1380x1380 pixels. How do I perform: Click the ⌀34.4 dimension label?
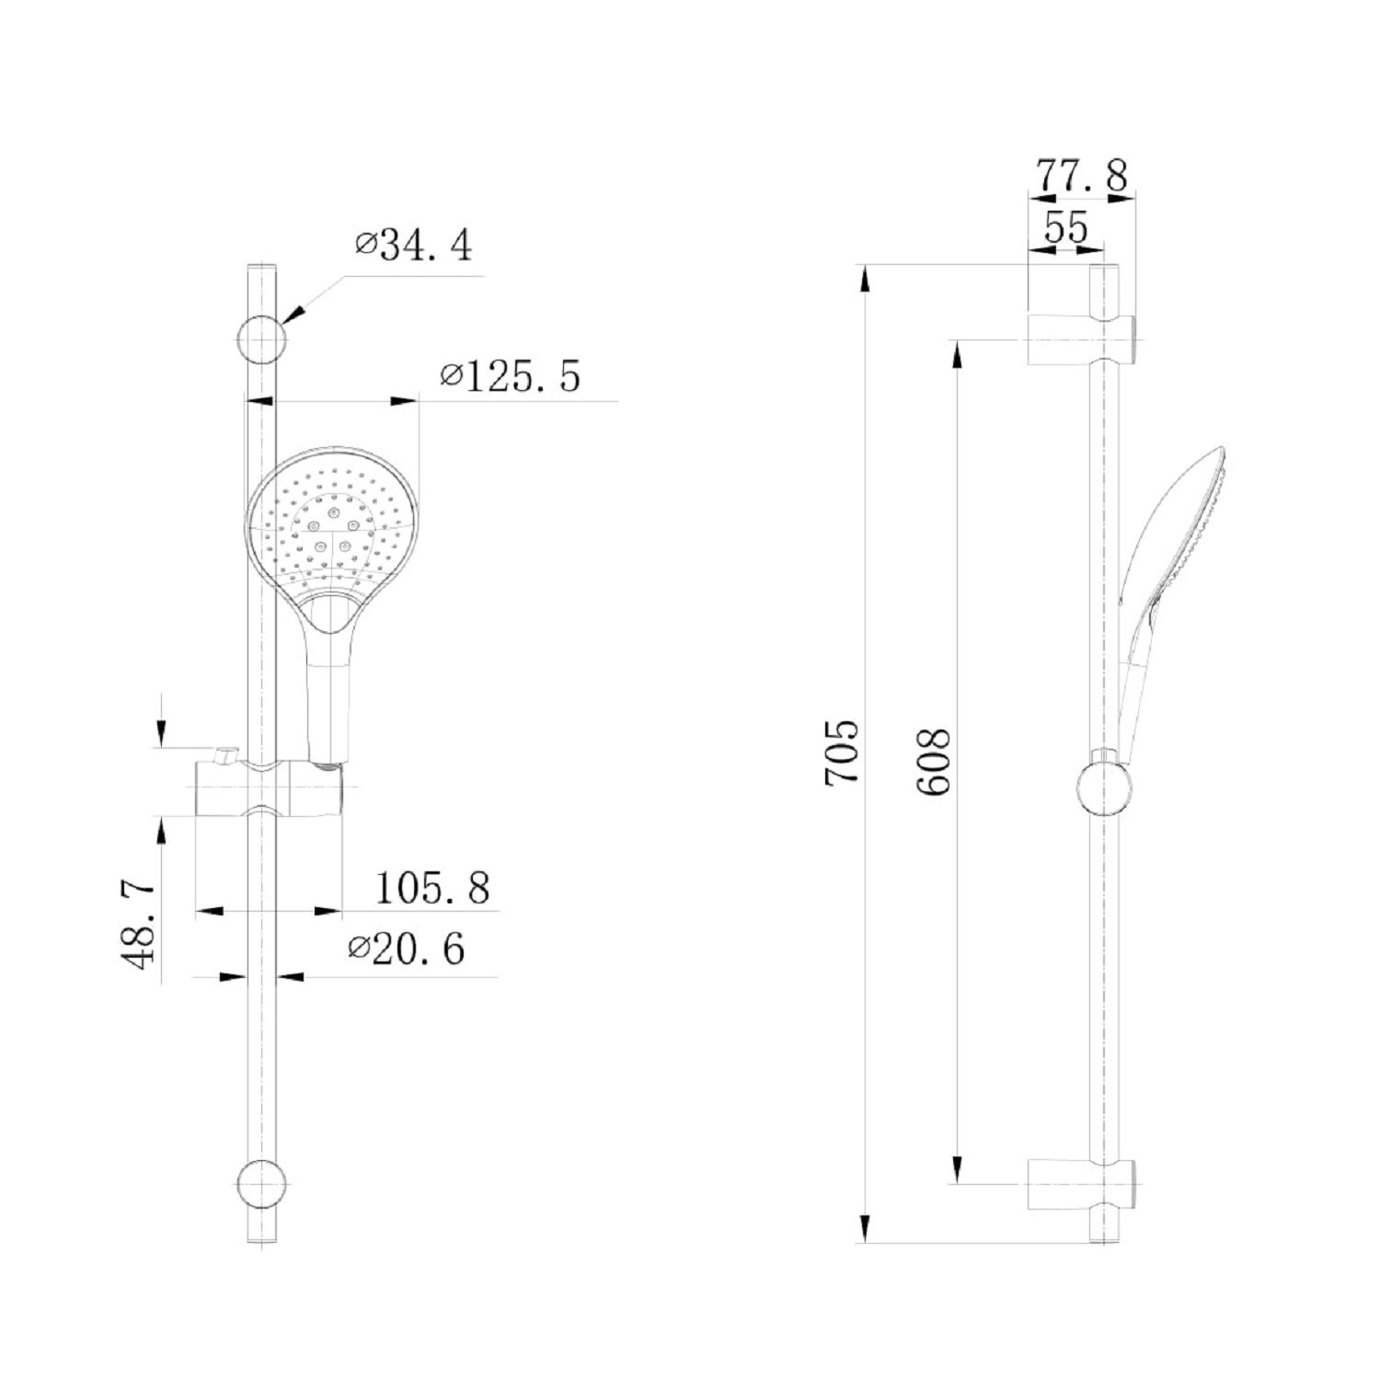click(414, 246)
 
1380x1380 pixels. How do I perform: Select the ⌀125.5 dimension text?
click(511, 376)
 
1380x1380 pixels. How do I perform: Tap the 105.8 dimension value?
click(432, 889)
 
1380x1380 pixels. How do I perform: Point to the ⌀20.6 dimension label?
click(407, 949)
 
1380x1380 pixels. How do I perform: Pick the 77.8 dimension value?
click(1082, 176)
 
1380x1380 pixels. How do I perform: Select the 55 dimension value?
click(1067, 226)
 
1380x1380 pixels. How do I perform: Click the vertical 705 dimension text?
click(842, 752)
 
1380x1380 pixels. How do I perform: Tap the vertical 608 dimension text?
click(932, 763)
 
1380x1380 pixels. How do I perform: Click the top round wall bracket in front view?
click(261, 338)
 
